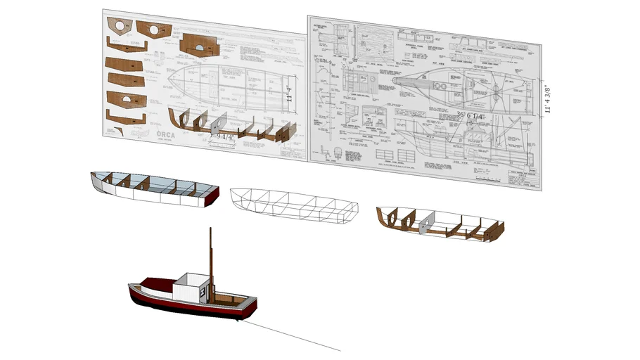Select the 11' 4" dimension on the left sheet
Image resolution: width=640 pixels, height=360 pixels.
pyautogui.click(x=290, y=93)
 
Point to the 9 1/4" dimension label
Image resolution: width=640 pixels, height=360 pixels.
pyautogui.click(x=226, y=136)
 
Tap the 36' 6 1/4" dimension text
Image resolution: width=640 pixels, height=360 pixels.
pyautogui.click(x=470, y=115)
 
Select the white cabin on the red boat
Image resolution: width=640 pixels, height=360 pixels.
pyautogui.click(x=186, y=288)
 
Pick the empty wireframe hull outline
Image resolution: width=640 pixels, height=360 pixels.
pyautogui.click(x=295, y=205)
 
